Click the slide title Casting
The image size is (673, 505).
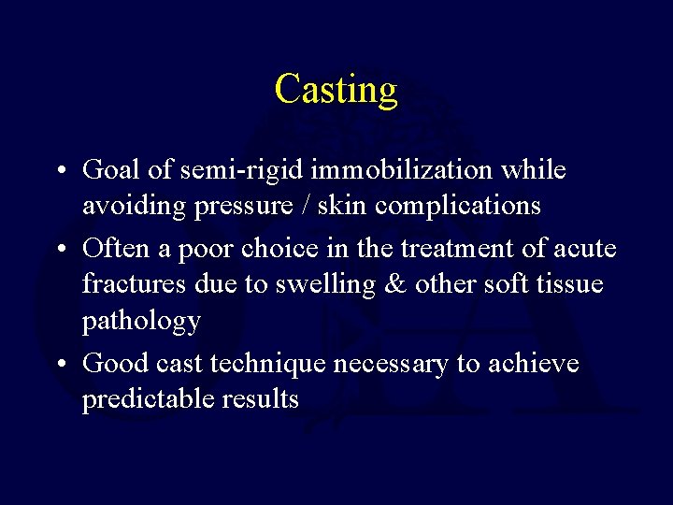click(336, 90)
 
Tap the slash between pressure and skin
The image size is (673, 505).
click(306, 206)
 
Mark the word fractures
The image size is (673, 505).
click(128, 284)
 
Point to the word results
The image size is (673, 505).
click(261, 400)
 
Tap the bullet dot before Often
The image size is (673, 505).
click(59, 249)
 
